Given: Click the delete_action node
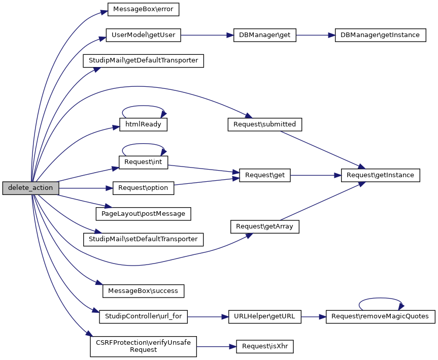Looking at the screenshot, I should [30, 188].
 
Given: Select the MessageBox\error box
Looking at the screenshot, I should [144, 9].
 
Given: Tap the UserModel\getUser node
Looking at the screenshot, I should [144, 36].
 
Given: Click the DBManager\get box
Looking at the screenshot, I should [264, 36].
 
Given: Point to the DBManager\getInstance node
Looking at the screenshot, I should [380, 36].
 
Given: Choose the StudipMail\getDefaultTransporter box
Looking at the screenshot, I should [144, 61].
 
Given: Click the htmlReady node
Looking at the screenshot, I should [144, 124].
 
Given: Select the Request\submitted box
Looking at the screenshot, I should [265, 124].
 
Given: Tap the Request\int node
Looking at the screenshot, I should [144, 162].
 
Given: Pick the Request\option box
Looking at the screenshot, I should [144, 188].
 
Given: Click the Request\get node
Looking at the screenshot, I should [265, 175].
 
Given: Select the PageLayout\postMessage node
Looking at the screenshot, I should [144, 214].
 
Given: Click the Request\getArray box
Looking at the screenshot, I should [265, 226].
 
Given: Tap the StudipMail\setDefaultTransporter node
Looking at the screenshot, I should [144, 239].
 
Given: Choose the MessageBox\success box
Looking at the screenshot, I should [144, 291].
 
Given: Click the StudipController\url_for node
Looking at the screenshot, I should [144, 316].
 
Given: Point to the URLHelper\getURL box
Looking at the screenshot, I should [265, 316].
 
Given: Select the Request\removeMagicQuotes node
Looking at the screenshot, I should [380, 316].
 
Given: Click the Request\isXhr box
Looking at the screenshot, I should [265, 346].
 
